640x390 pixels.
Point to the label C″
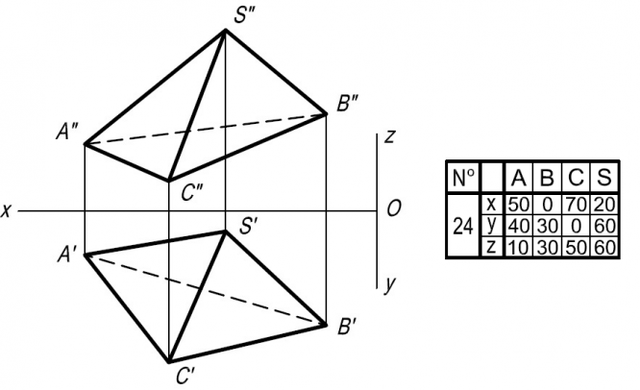coord(190,192)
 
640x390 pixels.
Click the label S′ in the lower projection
coord(251,229)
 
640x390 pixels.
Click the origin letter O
coord(395,207)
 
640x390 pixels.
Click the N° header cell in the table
coord(463,177)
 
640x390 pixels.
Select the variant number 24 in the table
coord(463,227)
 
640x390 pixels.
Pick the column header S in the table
coord(603,177)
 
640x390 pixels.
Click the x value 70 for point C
coord(575,204)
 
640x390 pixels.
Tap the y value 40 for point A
coord(519,226)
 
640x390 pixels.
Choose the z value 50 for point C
coord(575,248)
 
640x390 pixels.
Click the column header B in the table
coord(547,177)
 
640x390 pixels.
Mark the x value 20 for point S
coord(603,204)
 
